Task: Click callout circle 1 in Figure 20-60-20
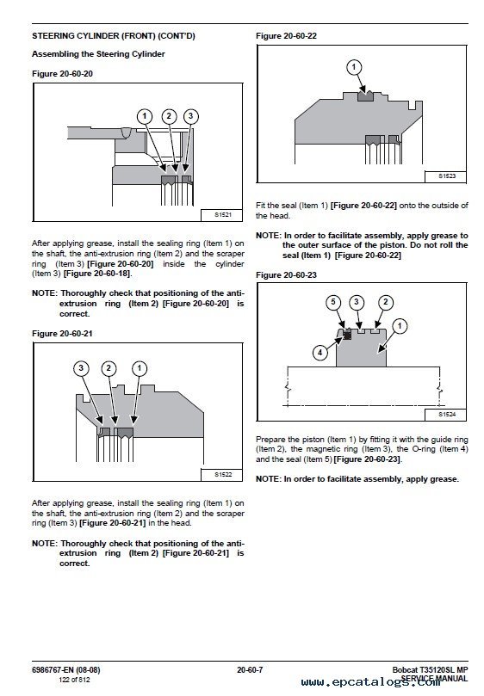144,117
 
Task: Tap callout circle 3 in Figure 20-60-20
190,117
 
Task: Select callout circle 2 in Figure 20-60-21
109,368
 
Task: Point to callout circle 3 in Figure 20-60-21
81,368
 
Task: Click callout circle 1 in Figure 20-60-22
354,67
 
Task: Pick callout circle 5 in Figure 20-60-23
333,302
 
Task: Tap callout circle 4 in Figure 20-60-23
320,353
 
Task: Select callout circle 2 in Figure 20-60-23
385,302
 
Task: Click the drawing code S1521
223,215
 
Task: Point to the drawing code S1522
223,475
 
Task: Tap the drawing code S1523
447,176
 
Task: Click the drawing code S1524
447,415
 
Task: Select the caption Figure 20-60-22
286,36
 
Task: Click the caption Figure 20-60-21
62,333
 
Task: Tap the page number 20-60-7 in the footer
250,670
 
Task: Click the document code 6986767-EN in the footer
53,670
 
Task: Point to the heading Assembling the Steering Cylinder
98,54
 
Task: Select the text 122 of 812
74,680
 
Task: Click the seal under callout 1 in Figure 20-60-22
366,95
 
